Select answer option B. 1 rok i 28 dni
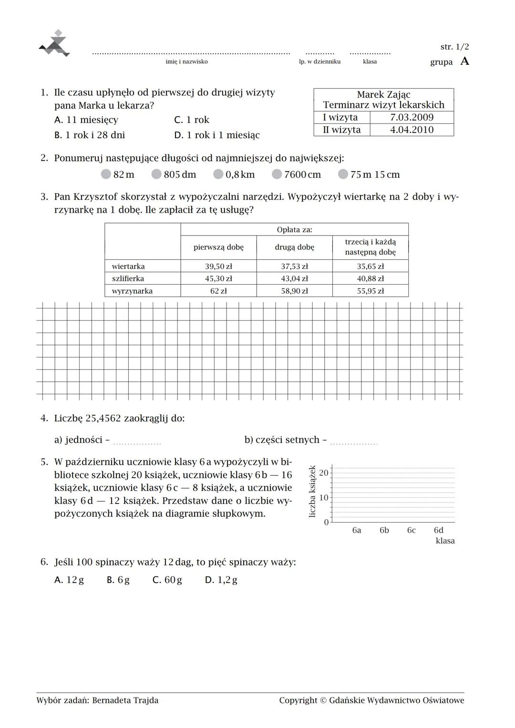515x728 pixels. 90,135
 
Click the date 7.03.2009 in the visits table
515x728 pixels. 412,117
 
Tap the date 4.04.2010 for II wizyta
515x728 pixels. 412,130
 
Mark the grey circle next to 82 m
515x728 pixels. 106,174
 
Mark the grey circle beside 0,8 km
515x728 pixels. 218,174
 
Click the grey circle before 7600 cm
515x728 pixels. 277,174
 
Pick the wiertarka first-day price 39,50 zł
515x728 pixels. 218,266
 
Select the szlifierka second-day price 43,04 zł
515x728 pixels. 294,278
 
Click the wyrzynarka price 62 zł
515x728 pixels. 218,291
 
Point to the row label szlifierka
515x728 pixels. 128,278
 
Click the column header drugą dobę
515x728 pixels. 294,247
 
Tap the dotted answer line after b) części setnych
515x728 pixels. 354,442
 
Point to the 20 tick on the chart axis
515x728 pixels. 324,473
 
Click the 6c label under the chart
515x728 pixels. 411,530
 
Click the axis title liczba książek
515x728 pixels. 313,491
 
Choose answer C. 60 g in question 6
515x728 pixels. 167,580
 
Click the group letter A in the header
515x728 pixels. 464,62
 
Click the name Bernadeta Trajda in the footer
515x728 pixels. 125,700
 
